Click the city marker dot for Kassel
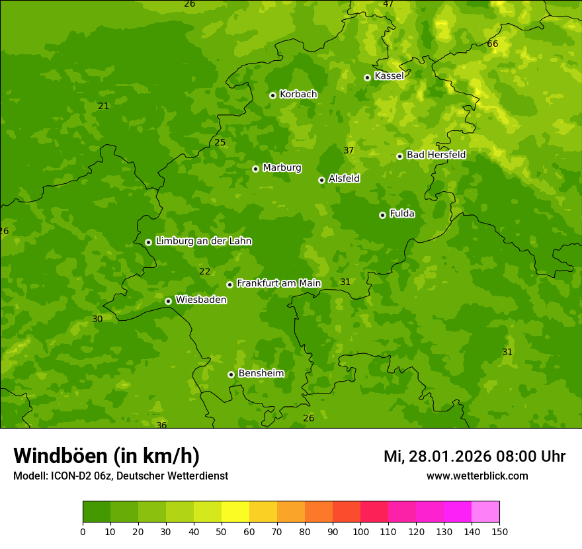[x=367, y=77]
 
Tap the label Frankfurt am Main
[x=278, y=283]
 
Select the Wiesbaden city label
[x=201, y=300]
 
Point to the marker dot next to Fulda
[x=382, y=215]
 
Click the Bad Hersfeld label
[x=436, y=155]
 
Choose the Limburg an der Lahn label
[x=203, y=241]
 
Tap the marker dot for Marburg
[x=255, y=169]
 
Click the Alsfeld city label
[x=344, y=179]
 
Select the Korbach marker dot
[x=272, y=95]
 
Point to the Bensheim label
[x=261, y=373]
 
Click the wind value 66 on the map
[x=492, y=44]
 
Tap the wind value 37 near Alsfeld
[x=349, y=150]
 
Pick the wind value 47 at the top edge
[x=388, y=4]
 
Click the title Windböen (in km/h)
[x=106, y=456]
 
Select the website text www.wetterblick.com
[x=477, y=476]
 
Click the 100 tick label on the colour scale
[x=360, y=531]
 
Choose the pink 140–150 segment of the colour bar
[x=485, y=512]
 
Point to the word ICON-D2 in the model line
[x=71, y=476]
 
